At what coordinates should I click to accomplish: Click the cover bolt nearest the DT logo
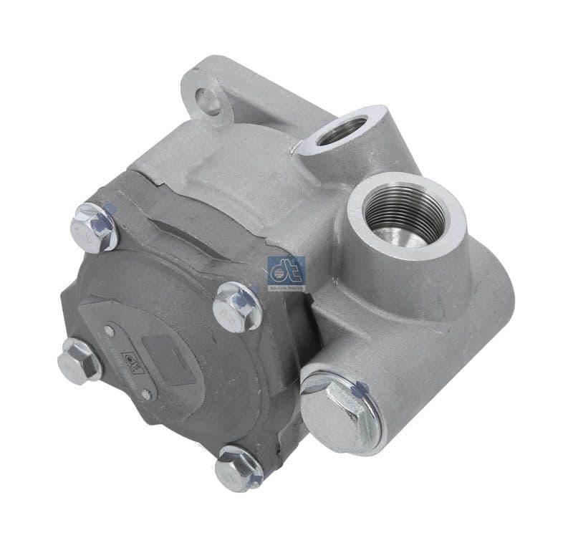(x=236, y=307)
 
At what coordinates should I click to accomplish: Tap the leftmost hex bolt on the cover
(x=80, y=360)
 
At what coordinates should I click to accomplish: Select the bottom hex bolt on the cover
(x=238, y=468)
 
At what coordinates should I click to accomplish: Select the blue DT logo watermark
(x=286, y=269)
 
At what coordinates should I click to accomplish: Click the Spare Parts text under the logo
(x=286, y=287)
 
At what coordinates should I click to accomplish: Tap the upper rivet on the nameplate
(x=108, y=331)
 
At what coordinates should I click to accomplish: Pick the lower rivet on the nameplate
(x=145, y=394)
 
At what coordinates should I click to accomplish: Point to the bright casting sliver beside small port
(x=294, y=148)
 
